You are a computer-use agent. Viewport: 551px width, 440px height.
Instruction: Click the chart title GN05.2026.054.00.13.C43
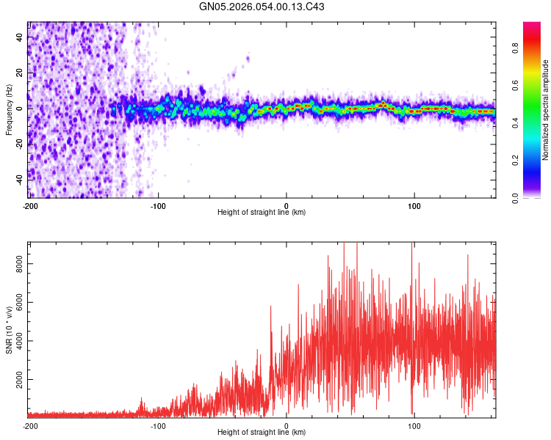coord(262,7)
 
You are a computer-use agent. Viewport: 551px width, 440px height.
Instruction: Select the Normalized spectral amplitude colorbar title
coord(546,110)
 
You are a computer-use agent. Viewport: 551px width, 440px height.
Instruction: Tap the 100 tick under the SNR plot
coord(414,425)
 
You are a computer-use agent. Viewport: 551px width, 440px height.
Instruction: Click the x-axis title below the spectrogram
coord(262,213)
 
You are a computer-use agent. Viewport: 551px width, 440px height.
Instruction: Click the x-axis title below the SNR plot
coord(262,433)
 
